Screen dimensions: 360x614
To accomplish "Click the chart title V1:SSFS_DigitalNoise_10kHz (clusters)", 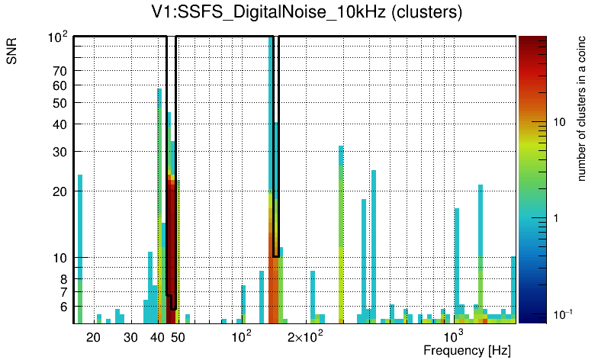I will (x=307, y=13).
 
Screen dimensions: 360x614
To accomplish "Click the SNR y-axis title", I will (x=12, y=51).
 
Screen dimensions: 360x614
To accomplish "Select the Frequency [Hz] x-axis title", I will (x=467, y=350).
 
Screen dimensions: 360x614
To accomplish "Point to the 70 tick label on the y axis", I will (x=60, y=71).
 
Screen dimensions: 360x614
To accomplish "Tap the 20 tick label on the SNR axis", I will (x=60, y=191).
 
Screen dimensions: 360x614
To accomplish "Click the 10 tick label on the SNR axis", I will (x=60, y=258).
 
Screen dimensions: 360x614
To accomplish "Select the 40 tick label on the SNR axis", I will (x=60, y=124).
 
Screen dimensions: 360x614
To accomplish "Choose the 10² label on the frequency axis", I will (x=241, y=336).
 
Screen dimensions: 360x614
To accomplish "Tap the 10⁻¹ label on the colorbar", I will (x=562, y=314).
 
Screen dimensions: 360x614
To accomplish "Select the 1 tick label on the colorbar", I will (x=555, y=218).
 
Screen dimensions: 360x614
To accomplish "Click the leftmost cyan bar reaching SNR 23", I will (x=79, y=244).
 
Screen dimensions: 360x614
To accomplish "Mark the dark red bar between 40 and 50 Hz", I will (x=172, y=244).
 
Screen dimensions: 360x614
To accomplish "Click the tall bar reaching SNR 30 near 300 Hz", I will (x=341, y=229).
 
